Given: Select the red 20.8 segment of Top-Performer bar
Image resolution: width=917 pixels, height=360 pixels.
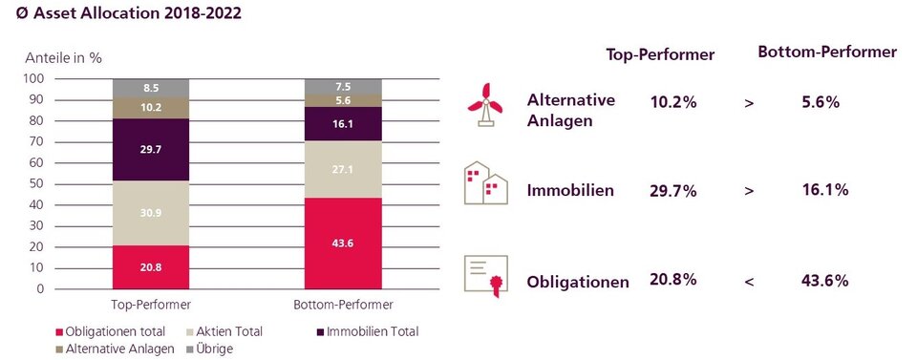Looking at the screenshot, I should [151, 266].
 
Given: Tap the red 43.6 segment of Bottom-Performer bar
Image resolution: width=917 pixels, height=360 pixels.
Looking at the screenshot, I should [342, 243].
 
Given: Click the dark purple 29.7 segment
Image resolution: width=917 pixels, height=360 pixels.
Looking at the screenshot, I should [151, 149].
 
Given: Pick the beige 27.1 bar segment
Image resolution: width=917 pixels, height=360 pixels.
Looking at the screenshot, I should [342, 170].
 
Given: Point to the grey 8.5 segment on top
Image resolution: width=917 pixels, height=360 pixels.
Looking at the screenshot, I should [151, 88].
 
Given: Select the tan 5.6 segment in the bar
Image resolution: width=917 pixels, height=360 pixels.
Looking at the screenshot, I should [342, 100].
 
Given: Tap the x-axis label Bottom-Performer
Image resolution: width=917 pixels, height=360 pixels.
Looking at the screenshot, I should [342, 305].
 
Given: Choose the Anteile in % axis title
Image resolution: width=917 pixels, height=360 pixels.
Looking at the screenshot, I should [64, 56].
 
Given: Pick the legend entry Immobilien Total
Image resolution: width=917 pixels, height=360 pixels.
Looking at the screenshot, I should [371, 331].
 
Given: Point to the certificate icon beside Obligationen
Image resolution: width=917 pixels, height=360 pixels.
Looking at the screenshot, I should [485, 275].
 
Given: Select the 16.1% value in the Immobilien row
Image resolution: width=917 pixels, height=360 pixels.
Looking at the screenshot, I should [826, 190].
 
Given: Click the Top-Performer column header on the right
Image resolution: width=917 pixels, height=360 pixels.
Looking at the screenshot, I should [661, 54].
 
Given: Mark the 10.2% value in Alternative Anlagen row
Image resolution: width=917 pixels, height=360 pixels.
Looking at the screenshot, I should [672, 102].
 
